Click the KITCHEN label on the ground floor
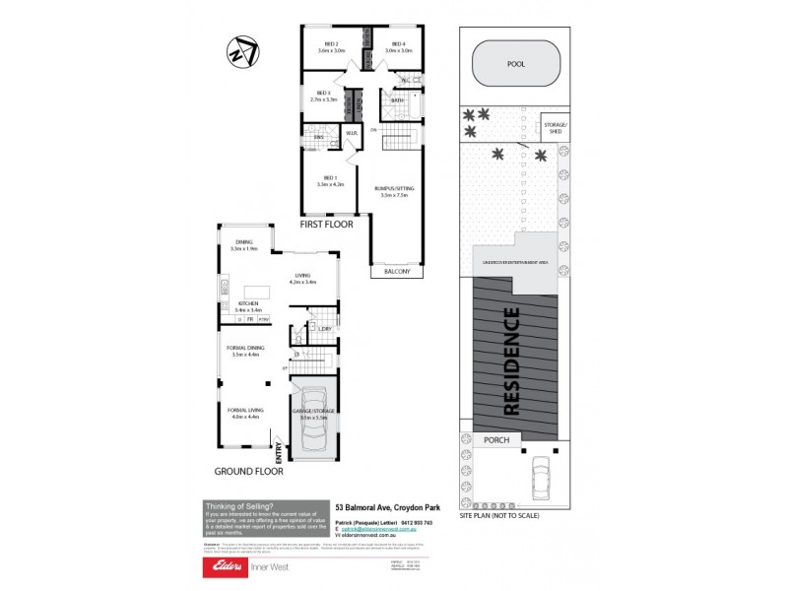tap(247, 306)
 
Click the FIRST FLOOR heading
tap(327, 225)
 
